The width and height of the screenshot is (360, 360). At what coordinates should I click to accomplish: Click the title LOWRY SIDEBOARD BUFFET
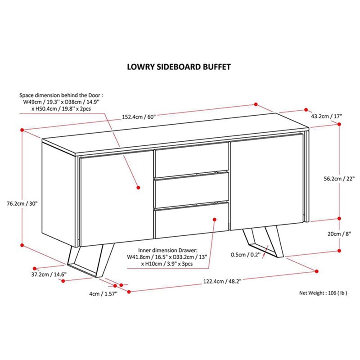point(180,67)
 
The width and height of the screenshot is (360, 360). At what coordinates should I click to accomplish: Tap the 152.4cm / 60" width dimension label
point(139,117)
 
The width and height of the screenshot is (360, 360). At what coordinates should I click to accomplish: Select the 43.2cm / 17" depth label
point(327,116)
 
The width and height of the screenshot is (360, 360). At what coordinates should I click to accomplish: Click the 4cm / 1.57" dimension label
point(103,294)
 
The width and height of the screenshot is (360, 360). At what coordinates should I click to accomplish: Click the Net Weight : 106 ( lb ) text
point(324,292)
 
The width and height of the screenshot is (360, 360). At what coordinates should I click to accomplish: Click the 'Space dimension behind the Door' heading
point(61,95)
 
